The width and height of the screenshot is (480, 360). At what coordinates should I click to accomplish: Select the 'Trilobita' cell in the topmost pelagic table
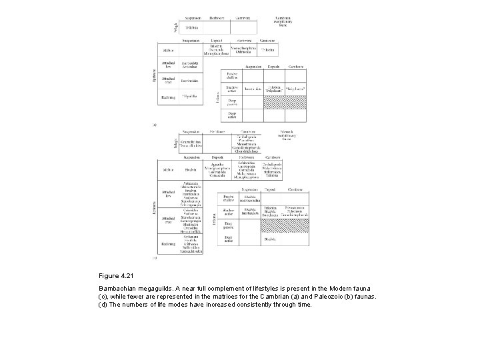point(192,29)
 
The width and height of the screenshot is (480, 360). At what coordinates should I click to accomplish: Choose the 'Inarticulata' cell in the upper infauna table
point(252,88)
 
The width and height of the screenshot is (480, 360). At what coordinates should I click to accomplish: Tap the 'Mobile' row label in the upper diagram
point(167,49)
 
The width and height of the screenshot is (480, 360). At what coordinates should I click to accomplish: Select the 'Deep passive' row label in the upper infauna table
point(232,102)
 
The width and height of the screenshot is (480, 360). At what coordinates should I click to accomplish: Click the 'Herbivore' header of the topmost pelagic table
point(217,17)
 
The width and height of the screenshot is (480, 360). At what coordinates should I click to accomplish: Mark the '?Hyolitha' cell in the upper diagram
point(192,97)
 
